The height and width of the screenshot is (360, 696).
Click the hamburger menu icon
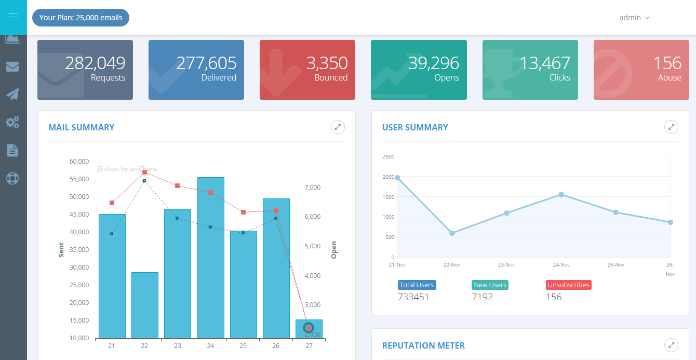point(14,17)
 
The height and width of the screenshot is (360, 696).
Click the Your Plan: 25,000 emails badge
point(81,18)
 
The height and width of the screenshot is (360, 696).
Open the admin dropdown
point(634,18)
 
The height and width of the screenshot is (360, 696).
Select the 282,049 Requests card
point(85,70)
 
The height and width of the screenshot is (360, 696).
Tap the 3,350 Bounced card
point(307,70)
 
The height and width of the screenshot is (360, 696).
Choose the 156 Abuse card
point(641,70)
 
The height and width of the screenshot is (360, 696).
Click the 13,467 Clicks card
point(530,70)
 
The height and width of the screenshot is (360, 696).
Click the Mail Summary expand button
point(338,127)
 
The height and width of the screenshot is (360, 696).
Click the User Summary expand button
point(671,127)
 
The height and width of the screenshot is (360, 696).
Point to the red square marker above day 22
point(144,172)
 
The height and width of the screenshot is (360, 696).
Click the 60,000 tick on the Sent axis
point(79,162)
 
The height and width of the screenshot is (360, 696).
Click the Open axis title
point(334,249)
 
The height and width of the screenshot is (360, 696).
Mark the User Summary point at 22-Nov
point(452,233)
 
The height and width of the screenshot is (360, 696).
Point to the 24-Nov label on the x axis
point(561,265)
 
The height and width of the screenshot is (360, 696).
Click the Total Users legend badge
point(417,285)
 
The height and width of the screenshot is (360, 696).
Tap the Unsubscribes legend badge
point(569,285)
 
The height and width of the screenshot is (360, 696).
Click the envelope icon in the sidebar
point(12,66)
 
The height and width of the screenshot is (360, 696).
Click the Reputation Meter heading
point(423,345)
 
